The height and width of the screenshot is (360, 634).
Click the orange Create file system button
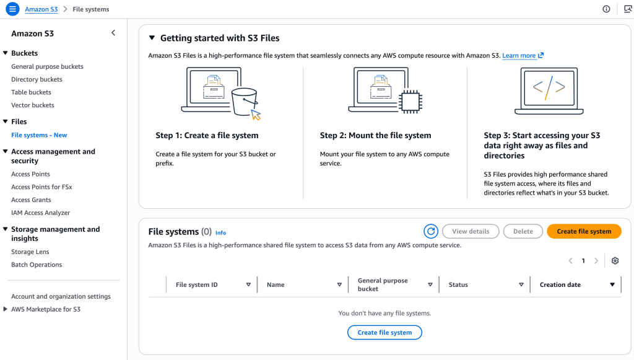[x=583, y=231]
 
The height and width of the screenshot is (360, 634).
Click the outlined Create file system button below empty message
[x=384, y=332]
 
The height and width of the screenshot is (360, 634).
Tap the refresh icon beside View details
[x=431, y=231]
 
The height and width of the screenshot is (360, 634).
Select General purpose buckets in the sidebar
[x=47, y=66]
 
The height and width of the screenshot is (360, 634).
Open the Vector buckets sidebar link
[x=32, y=105]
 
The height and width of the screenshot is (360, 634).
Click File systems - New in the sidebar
[x=39, y=135]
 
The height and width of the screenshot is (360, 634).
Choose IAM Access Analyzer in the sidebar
[x=40, y=213]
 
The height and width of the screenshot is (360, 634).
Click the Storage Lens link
[x=30, y=252]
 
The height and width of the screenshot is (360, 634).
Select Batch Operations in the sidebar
[x=37, y=265]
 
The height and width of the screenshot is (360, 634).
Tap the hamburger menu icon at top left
[x=12, y=9]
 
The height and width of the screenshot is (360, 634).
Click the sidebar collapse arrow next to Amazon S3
[x=113, y=33]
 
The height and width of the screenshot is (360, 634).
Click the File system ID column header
[x=197, y=285]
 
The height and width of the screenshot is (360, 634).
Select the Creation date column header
[x=560, y=285]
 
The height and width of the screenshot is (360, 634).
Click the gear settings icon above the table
[x=615, y=261]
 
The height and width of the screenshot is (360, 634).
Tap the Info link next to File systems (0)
[x=220, y=233]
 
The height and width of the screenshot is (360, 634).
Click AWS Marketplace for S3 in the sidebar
[x=45, y=309]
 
